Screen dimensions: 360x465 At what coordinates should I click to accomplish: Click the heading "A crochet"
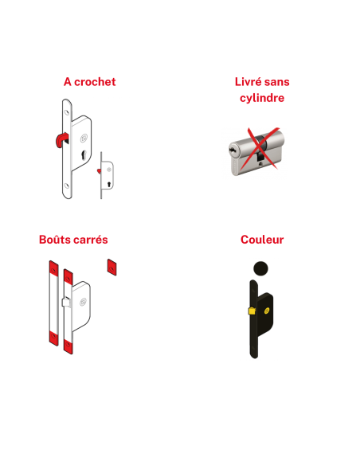tap(89, 82)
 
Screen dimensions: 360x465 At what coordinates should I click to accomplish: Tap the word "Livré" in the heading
tap(248, 82)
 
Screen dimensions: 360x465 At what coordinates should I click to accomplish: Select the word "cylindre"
tap(262, 98)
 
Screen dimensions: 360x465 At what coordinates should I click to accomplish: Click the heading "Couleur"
tap(262, 240)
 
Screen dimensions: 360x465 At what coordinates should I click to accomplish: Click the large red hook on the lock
tap(61, 139)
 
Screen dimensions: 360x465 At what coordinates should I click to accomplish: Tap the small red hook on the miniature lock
tap(99, 171)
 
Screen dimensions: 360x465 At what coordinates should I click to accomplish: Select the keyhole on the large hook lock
tap(84, 154)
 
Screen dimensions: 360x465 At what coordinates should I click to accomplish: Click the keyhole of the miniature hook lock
tap(109, 184)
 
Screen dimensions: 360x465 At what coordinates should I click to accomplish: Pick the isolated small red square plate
tap(112, 268)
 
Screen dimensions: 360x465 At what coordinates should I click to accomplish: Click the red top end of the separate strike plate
tap(53, 268)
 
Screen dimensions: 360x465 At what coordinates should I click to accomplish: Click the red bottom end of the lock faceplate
tap(68, 346)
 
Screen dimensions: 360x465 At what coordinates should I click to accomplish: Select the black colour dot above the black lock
tap(260, 268)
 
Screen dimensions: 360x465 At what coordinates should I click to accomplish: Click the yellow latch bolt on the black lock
tap(252, 311)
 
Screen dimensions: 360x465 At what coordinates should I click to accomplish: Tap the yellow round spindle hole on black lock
tap(266, 311)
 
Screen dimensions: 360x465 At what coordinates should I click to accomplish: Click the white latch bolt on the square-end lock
tap(66, 302)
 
